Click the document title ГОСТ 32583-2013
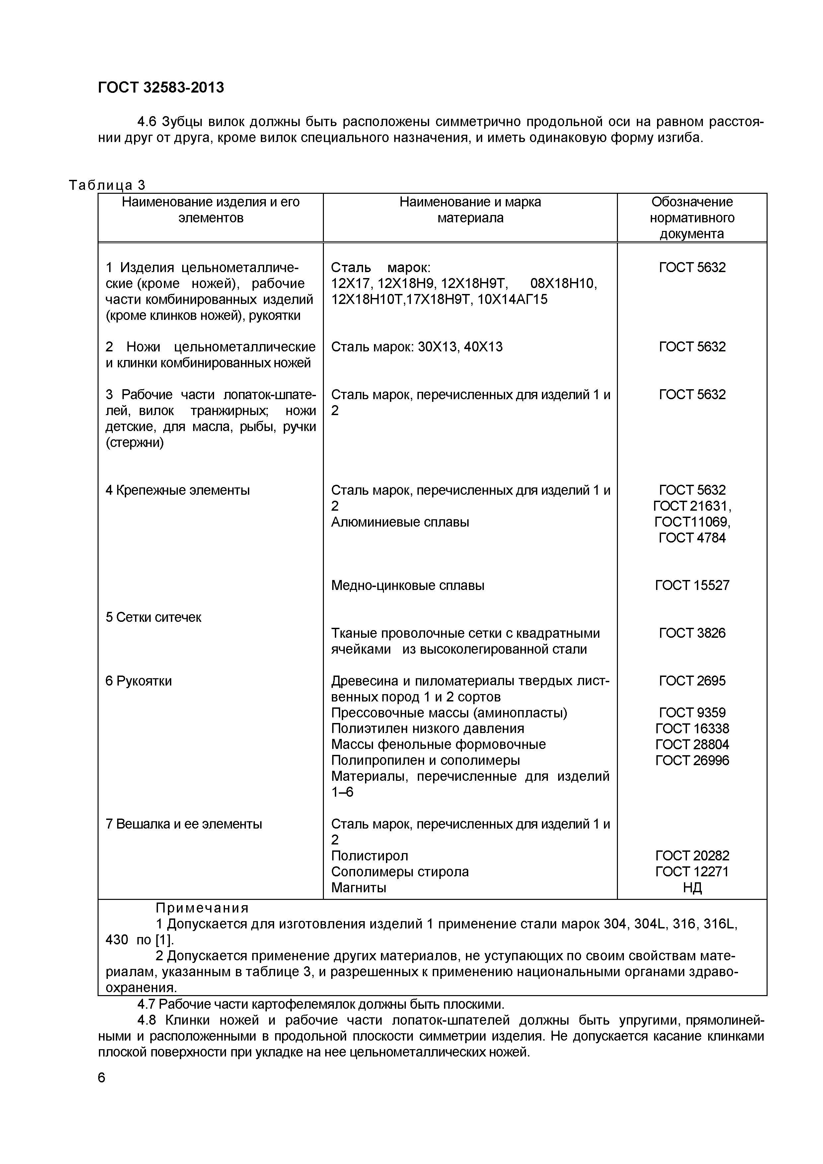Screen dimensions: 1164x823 click(x=161, y=87)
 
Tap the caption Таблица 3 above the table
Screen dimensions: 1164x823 click(x=107, y=185)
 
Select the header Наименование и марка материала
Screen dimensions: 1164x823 click(x=470, y=210)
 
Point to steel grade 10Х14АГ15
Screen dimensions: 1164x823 click(x=513, y=300)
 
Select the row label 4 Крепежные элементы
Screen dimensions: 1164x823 click(x=178, y=490)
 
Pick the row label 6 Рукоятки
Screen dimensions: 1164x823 click(x=138, y=681)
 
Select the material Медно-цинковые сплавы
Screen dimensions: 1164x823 click(x=408, y=586)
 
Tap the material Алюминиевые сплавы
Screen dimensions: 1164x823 click(x=400, y=522)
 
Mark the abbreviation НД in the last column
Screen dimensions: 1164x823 click(x=692, y=888)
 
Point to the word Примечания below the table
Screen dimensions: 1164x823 click(x=202, y=908)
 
